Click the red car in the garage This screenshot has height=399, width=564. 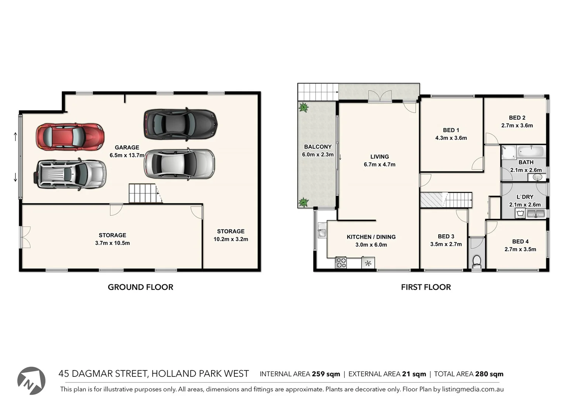[70, 137]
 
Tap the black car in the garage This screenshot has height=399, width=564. [180, 125]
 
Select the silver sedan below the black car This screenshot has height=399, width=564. [179, 164]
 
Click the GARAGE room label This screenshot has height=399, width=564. [127, 147]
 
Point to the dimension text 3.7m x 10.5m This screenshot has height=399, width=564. [112, 243]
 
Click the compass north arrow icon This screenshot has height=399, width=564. [31, 381]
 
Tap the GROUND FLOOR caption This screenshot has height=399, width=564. [140, 287]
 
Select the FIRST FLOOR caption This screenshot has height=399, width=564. [426, 287]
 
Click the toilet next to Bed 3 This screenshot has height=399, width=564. [477, 261]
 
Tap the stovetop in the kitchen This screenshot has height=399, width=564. [341, 263]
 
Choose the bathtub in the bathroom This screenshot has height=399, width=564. [531, 151]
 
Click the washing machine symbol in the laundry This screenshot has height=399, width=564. [520, 213]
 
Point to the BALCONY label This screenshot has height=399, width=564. [317, 147]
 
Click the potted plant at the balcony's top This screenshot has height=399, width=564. [303, 108]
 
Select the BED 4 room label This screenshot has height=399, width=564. [520, 241]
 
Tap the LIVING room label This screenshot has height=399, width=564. [379, 157]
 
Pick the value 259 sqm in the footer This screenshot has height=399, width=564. [326, 374]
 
